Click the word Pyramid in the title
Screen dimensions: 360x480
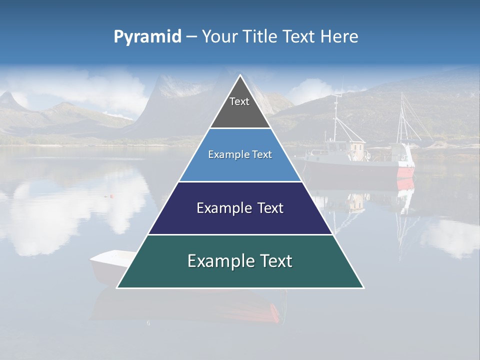[147, 37]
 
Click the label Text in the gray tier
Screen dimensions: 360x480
[239, 101]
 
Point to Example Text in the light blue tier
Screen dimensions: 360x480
[240, 154]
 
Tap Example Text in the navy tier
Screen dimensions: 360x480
[240, 208]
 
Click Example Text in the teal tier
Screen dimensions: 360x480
[240, 261]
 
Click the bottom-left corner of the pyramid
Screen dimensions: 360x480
[117, 287]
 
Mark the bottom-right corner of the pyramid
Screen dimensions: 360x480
[363, 287]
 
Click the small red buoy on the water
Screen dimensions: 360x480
[112, 195]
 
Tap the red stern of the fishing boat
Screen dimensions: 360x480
[406, 172]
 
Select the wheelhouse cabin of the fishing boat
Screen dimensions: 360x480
[356, 149]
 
